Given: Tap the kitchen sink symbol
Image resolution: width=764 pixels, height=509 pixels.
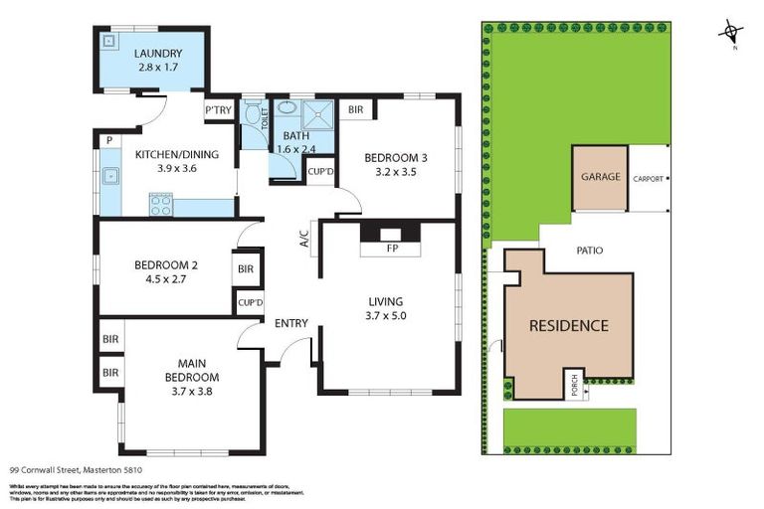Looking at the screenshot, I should pyautogui.click(x=110, y=178).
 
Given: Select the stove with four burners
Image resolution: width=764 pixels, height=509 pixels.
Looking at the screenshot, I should pyautogui.click(x=160, y=205).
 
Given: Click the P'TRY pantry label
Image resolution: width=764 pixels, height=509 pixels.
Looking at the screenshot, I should pyautogui.click(x=218, y=110).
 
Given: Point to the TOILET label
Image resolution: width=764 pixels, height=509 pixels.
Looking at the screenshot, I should pyautogui.click(x=265, y=121).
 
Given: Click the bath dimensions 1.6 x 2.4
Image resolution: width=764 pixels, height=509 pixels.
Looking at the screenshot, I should pyautogui.click(x=297, y=149).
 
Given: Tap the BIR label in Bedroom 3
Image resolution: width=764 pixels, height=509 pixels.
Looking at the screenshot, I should pyautogui.click(x=354, y=110).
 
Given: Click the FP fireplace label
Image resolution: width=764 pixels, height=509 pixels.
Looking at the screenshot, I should pyautogui.click(x=392, y=250).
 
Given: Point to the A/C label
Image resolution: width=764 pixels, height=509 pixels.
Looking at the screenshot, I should pyautogui.click(x=305, y=240).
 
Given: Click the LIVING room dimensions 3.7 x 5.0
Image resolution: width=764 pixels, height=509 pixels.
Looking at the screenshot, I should pyautogui.click(x=387, y=316).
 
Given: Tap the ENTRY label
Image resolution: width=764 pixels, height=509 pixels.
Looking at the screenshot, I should pyautogui.click(x=291, y=322).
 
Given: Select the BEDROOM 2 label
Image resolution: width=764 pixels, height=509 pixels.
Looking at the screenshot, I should pyautogui.click(x=166, y=265).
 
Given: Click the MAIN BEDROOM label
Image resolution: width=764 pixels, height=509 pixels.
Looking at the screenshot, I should pyautogui.click(x=192, y=370).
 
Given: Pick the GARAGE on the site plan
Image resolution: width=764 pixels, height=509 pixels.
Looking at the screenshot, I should pyautogui.click(x=600, y=177).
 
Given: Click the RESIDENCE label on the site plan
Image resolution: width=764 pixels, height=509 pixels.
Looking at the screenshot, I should pyautogui.click(x=568, y=325).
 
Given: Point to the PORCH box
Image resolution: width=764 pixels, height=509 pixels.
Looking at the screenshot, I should pyautogui.click(x=574, y=384).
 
